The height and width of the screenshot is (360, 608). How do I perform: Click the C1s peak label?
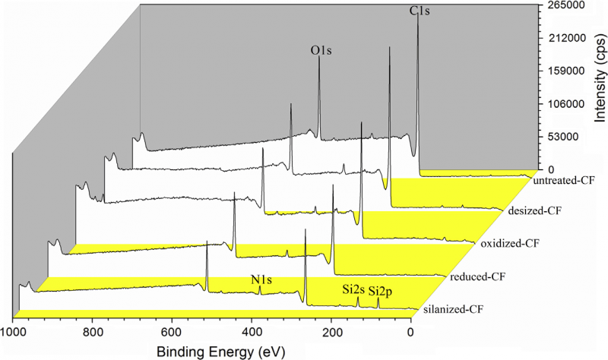pos(419,11)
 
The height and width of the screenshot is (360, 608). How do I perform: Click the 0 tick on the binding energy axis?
pos(411,331)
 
